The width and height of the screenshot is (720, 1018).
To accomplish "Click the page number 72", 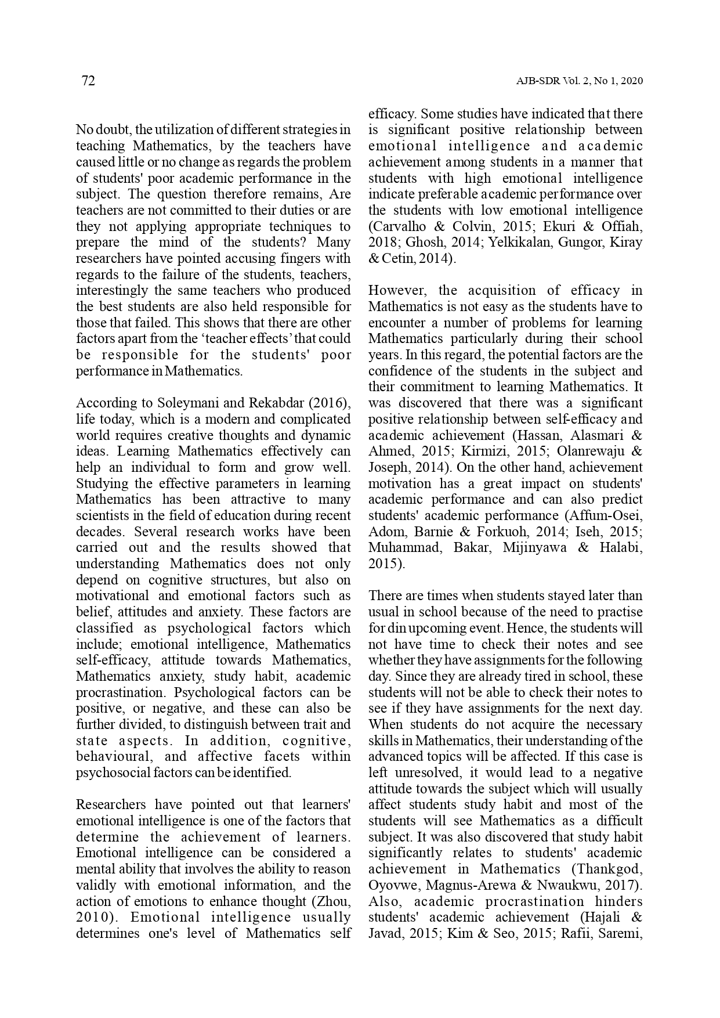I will point(88,81).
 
